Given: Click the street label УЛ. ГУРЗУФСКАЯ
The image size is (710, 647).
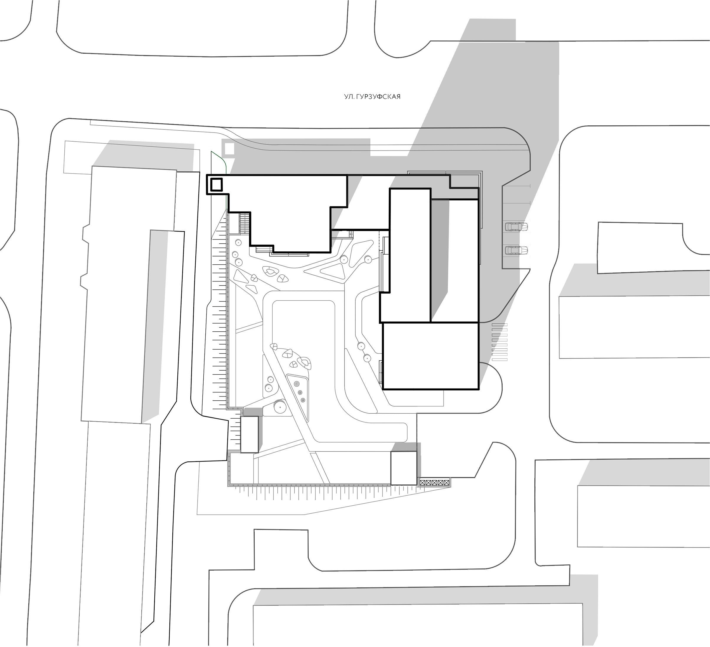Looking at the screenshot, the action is (x=372, y=96).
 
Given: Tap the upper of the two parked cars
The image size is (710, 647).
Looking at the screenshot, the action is (x=517, y=226).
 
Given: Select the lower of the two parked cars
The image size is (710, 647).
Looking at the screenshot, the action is (x=517, y=250).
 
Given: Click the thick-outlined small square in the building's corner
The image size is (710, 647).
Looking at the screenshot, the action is (x=216, y=184).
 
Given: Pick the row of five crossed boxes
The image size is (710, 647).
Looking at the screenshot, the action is (x=435, y=482).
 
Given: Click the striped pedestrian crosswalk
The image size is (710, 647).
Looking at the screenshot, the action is (x=499, y=342).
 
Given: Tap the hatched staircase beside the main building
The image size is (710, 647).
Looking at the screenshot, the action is (x=245, y=223).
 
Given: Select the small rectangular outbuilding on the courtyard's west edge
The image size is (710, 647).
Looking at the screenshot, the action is (x=249, y=434).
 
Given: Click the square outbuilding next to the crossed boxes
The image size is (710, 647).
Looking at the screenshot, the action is (x=404, y=469).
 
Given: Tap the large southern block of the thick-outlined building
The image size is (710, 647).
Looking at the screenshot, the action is (x=431, y=356).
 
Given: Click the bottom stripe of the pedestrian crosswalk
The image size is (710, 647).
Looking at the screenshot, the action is (x=499, y=359).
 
